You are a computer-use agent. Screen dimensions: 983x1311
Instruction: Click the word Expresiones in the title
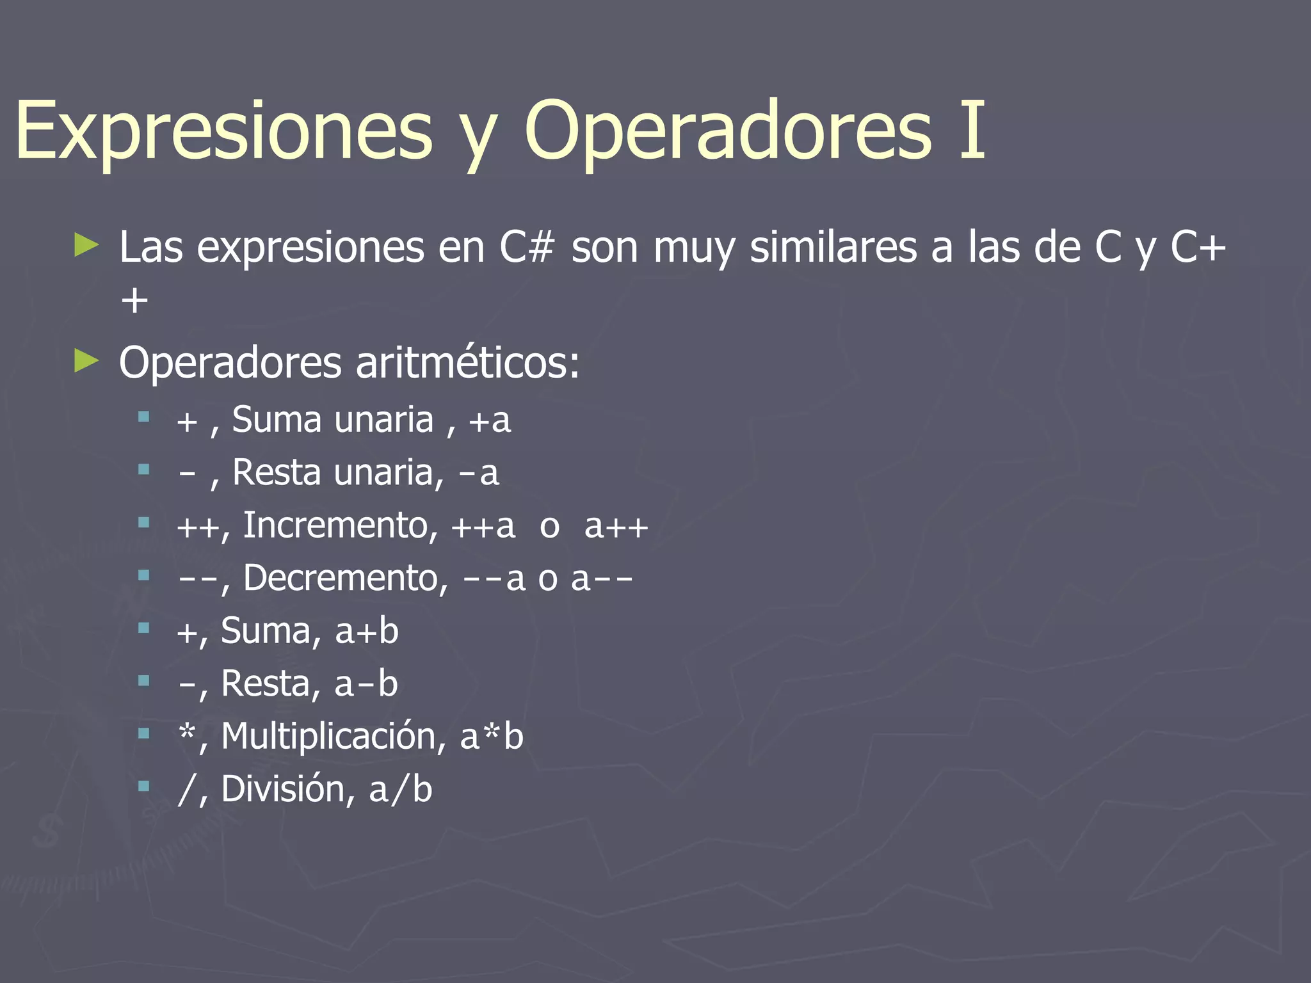(x=224, y=131)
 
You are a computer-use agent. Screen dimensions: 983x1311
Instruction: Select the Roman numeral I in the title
(x=972, y=130)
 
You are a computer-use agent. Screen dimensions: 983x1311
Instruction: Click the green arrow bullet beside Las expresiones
(x=86, y=245)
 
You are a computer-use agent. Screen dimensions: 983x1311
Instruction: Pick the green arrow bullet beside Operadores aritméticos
(x=86, y=361)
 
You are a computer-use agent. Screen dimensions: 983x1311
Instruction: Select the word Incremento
(x=335, y=525)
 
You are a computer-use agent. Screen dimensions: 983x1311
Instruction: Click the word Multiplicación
(x=328, y=736)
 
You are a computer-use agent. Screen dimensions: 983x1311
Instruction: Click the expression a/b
(x=401, y=789)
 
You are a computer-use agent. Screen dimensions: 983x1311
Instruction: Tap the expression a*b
(x=492, y=736)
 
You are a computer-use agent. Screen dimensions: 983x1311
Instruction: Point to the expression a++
(x=616, y=526)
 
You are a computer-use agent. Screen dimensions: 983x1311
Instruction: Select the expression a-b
(x=366, y=683)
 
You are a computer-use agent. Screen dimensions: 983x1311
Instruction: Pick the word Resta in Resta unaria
(x=277, y=473)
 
